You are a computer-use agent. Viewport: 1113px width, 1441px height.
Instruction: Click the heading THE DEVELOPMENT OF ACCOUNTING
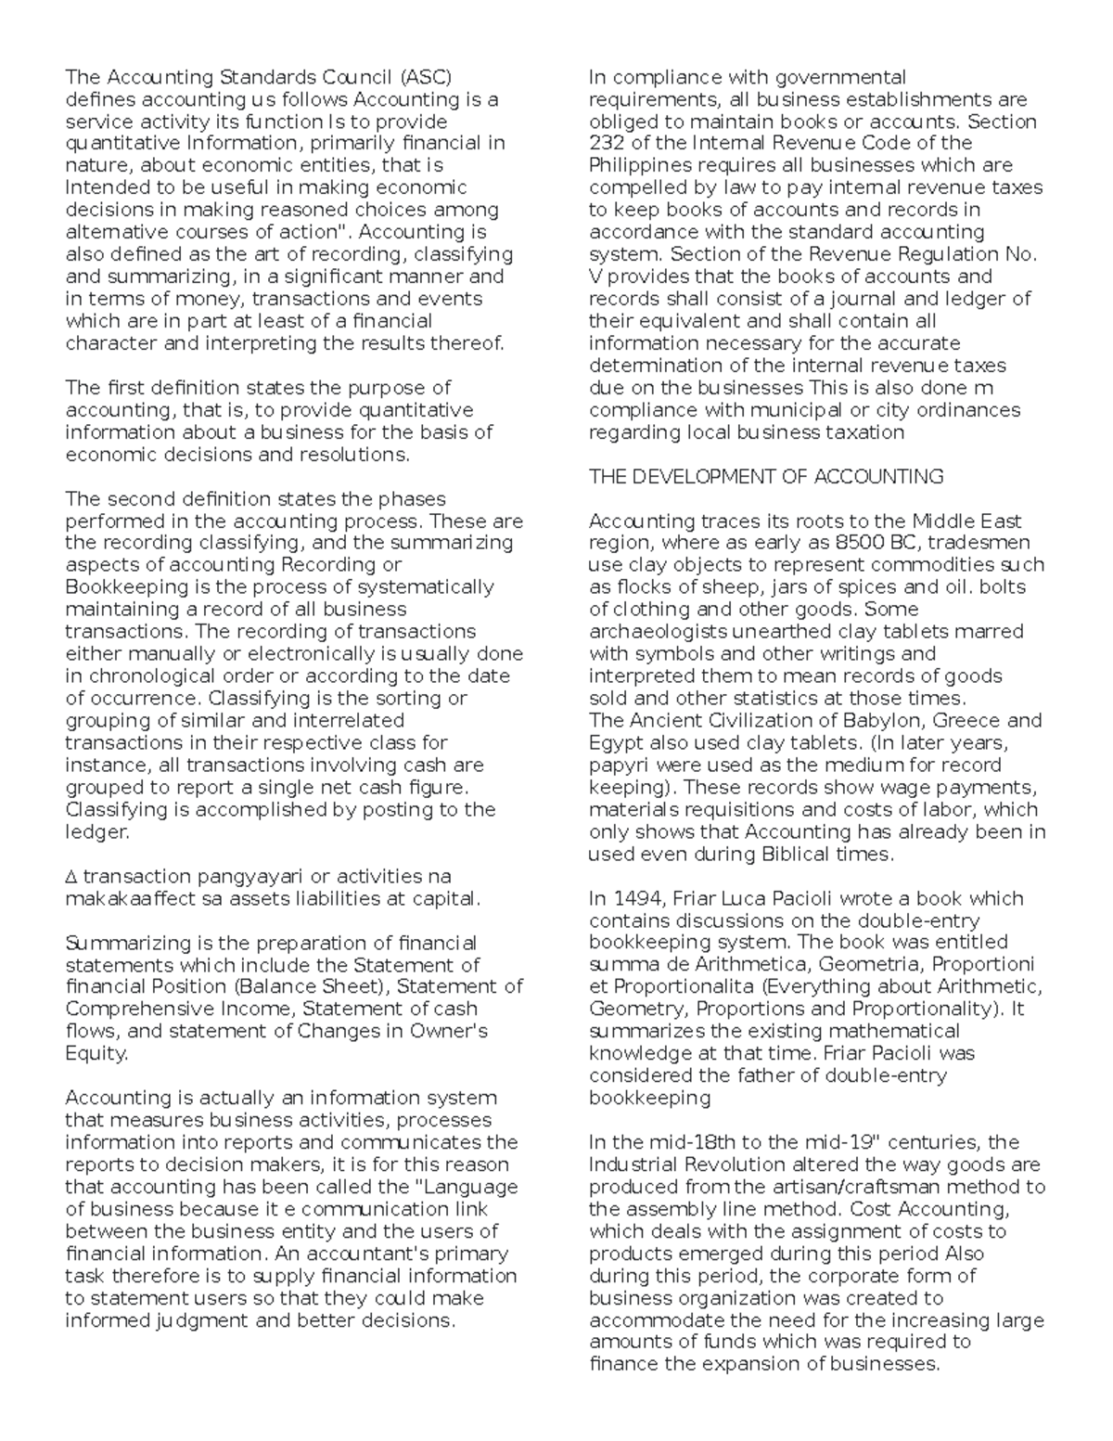click(x=766, y=477)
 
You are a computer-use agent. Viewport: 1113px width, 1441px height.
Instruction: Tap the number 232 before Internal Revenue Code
click(x=608, y=143)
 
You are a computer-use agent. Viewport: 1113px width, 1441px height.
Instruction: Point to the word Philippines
click(x=641, y=165)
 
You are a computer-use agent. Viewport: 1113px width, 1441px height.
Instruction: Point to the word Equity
click(x=96, y=1054)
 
